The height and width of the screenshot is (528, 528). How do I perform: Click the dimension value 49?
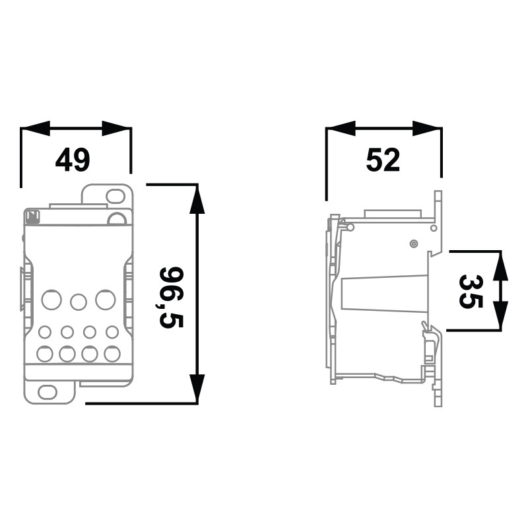(73, 160)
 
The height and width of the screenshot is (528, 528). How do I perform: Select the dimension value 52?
(383, 160)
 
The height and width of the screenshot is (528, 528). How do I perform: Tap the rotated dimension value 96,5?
(172, 298)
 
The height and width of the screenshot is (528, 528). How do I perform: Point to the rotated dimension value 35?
(471, 291)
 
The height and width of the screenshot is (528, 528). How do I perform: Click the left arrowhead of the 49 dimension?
(35, 128)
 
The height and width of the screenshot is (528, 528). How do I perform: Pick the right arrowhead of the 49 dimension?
(117, 128)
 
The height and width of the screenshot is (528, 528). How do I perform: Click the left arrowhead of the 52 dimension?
(341, 128)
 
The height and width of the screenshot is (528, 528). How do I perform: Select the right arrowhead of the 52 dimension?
(427, 128)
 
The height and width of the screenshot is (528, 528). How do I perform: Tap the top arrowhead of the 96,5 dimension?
(197, 199)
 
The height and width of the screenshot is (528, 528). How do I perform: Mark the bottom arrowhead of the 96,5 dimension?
(197, 388)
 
